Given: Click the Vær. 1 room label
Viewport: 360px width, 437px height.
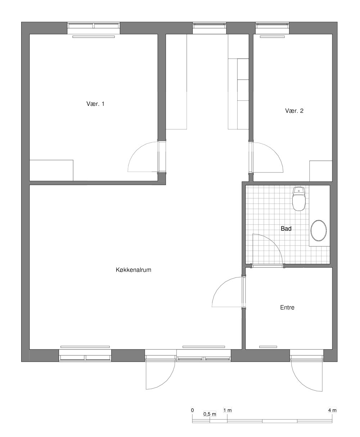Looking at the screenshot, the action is click(x=95, y=104).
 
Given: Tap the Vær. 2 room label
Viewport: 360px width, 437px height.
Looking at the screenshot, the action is click(x=294, y=111).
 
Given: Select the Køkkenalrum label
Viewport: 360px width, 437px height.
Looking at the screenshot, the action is click(x=133, y=270).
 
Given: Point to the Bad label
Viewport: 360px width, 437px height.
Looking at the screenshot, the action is click(x=286, y=229).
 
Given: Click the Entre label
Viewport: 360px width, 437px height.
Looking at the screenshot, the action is click(x=287, y=307).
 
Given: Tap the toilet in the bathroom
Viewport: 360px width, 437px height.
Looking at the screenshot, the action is click(x=299, y=199).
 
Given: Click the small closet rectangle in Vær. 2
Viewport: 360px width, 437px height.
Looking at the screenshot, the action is click(x=321, y=171).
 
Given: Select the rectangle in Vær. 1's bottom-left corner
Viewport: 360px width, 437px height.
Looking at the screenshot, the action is click(x=51, y=170).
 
